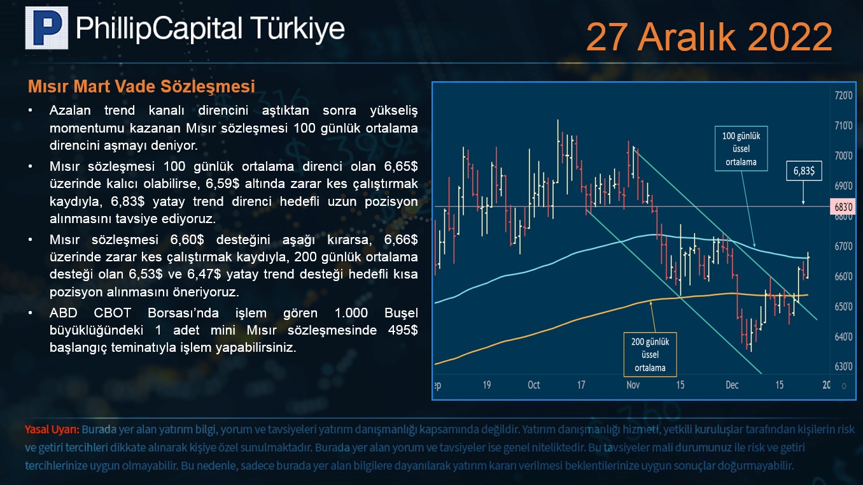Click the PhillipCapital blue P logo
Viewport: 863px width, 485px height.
click(46, 28)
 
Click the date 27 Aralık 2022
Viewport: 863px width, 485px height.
click(709, 37)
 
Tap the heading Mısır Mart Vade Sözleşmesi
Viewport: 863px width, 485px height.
click(141, 87)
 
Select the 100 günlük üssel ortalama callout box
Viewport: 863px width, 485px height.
click(741, 148)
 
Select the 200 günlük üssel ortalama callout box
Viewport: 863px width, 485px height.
click(650, 354)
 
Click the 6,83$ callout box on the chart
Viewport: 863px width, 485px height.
click(804, 171)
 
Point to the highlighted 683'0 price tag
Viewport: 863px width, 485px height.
click(843, 206)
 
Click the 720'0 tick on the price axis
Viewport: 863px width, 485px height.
click(843, 96)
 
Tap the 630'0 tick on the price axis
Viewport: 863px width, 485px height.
click(843, 366)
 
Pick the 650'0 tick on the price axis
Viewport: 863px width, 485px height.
click(843, 307)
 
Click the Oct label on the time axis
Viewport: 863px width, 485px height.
click(533, 385)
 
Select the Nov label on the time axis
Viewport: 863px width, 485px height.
click(633, 385)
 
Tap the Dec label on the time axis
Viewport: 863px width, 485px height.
click(732, 385)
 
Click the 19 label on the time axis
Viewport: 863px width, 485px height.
click(487, 385)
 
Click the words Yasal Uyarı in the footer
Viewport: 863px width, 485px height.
click(52, 430)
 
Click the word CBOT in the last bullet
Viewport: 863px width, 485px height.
click(112, 312)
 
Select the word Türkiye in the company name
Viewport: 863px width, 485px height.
click(297, 29)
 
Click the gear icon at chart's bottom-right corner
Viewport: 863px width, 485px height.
click(844, 386)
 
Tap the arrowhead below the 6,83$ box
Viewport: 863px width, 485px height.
click(803, 202)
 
